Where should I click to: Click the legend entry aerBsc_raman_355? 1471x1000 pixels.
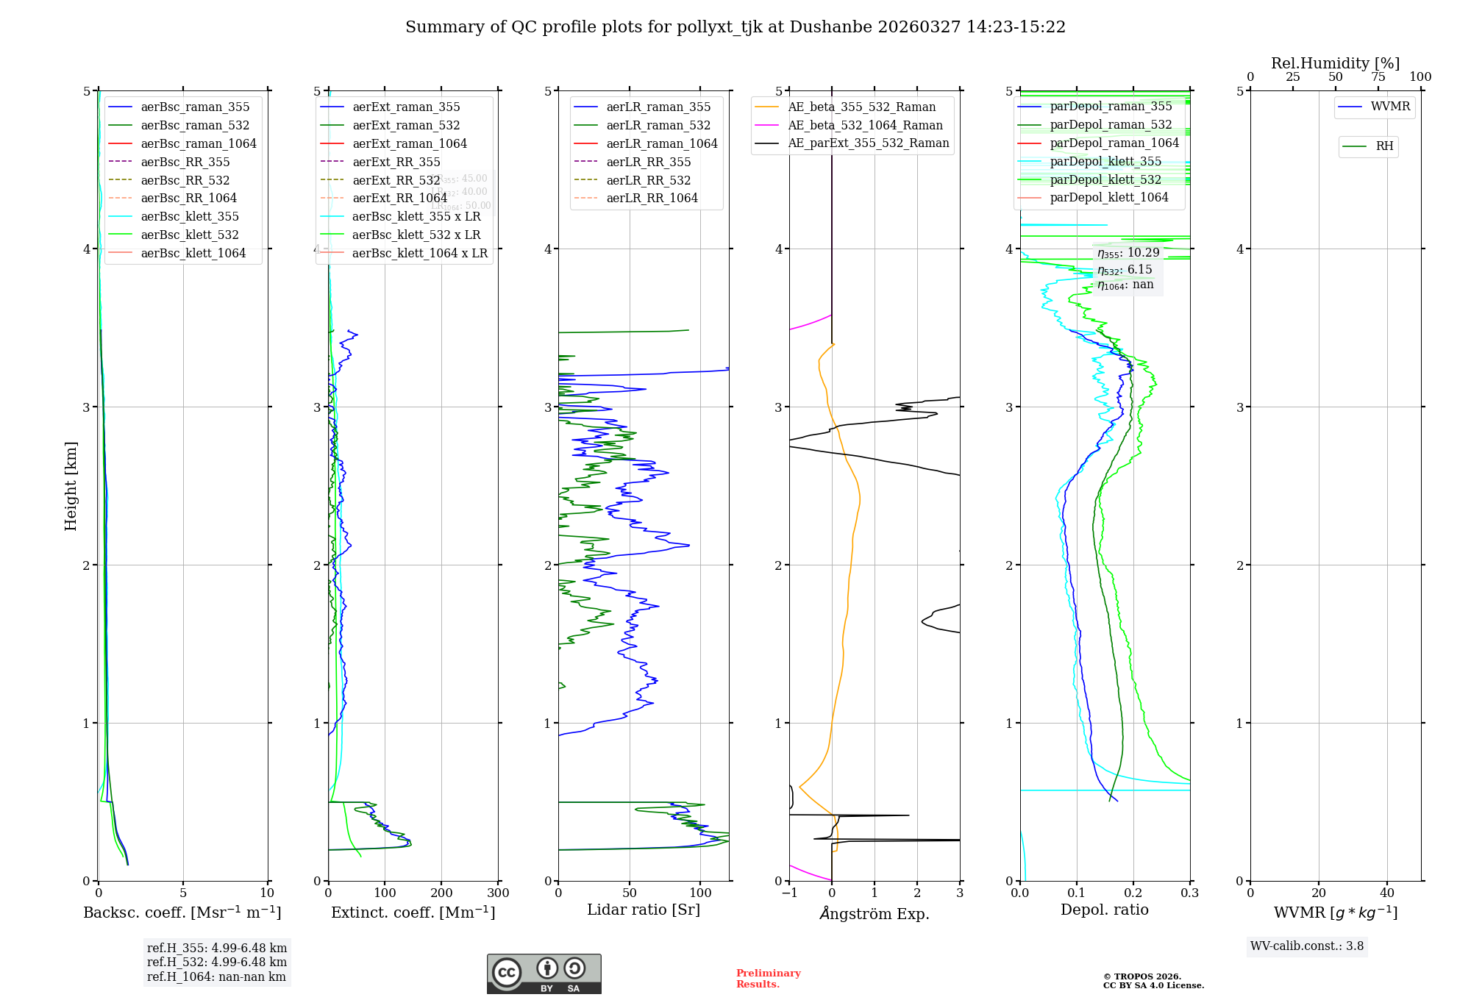195,107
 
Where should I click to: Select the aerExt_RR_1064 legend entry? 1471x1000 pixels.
399,199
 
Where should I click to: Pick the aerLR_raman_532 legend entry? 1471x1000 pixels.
658,126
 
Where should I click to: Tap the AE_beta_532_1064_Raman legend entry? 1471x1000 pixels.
865,126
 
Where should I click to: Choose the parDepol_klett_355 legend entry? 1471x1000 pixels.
1105,162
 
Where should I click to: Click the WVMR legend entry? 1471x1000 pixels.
1390,107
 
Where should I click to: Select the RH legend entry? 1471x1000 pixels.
1384,146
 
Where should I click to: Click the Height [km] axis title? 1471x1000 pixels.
71,486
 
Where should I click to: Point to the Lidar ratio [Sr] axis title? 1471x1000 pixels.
644,910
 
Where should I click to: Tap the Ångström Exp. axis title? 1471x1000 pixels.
875,914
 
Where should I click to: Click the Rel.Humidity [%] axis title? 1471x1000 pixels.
1335,63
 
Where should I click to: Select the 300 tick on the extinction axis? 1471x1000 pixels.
498,893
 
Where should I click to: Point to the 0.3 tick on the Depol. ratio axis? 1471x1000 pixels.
1189,893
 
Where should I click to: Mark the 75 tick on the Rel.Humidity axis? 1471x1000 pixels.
1378,77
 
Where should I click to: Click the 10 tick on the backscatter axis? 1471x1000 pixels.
267,893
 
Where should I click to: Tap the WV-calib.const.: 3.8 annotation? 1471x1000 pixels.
1307,946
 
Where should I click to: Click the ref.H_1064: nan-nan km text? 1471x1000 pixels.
216,977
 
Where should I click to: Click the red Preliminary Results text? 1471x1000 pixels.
768,979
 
